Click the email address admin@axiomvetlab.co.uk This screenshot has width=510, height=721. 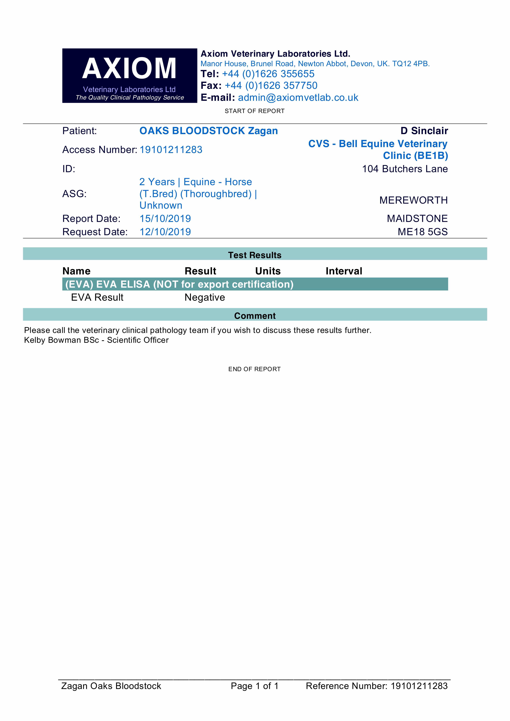(x=298, y=98)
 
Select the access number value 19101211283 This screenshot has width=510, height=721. (x=171, y=150)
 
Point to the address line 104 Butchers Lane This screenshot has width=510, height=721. (x=405, y=169)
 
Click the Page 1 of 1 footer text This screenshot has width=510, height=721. (x=254, y=686)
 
